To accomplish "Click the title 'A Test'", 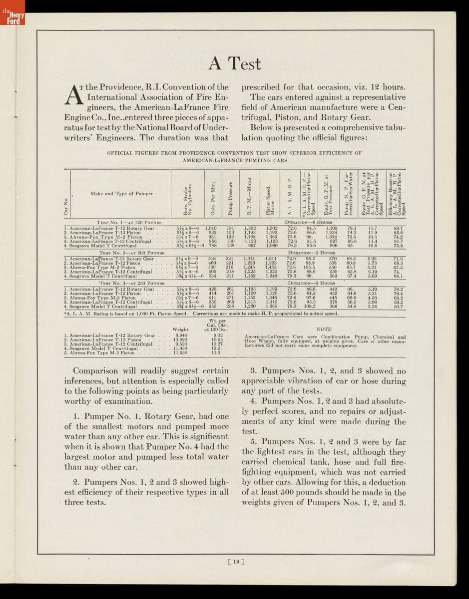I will coord(234,63).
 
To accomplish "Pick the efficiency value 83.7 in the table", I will coord(398,228).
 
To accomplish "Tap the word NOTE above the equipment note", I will coord(324,329).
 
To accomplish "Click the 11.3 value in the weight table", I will coord(216,352).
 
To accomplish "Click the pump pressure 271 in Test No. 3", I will coord(230,298).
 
